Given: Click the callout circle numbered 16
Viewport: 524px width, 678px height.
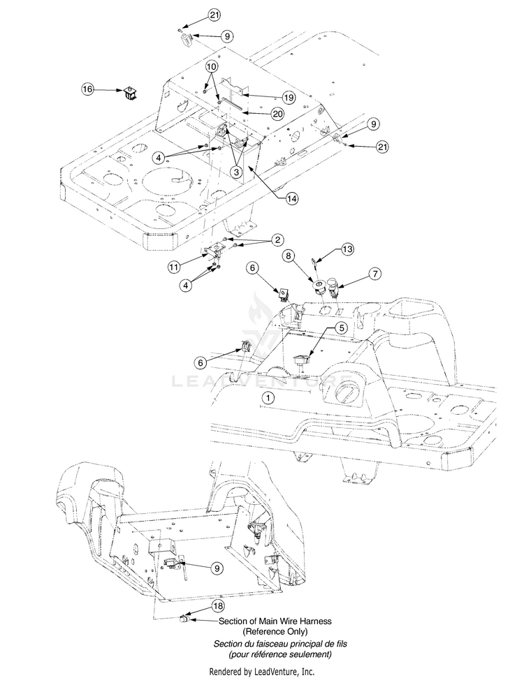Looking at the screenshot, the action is tap(87, 89).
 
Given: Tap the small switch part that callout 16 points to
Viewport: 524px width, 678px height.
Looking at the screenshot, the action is tap(130, 94).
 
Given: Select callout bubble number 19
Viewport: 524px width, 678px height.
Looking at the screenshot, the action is tap(289, 98).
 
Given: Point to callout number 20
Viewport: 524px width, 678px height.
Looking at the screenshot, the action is tap(277, 114).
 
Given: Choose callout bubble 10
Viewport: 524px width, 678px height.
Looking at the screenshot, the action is tap(212, 66).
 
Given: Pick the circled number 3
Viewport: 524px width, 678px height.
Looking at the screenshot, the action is tap(236, 172).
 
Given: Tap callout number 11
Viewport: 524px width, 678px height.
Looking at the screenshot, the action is tap(173, 267).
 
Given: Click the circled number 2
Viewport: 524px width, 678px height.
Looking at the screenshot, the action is tap(277, 240).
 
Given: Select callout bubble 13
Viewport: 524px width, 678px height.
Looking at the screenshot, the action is tap(347, 249).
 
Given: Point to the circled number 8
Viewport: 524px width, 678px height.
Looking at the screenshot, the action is tap(289, 256).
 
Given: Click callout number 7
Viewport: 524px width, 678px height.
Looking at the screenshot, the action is tap(375, 273).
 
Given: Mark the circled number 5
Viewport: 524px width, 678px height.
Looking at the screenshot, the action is tap(342, 327).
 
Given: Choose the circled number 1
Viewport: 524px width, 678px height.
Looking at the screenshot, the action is tap(269, 397).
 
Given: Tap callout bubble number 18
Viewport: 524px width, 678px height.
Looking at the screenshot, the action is tap(218, 606).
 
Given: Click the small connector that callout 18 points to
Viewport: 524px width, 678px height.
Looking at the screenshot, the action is tap(184, 619).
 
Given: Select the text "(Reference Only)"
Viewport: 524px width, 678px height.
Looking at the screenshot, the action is tap(275, 631).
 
